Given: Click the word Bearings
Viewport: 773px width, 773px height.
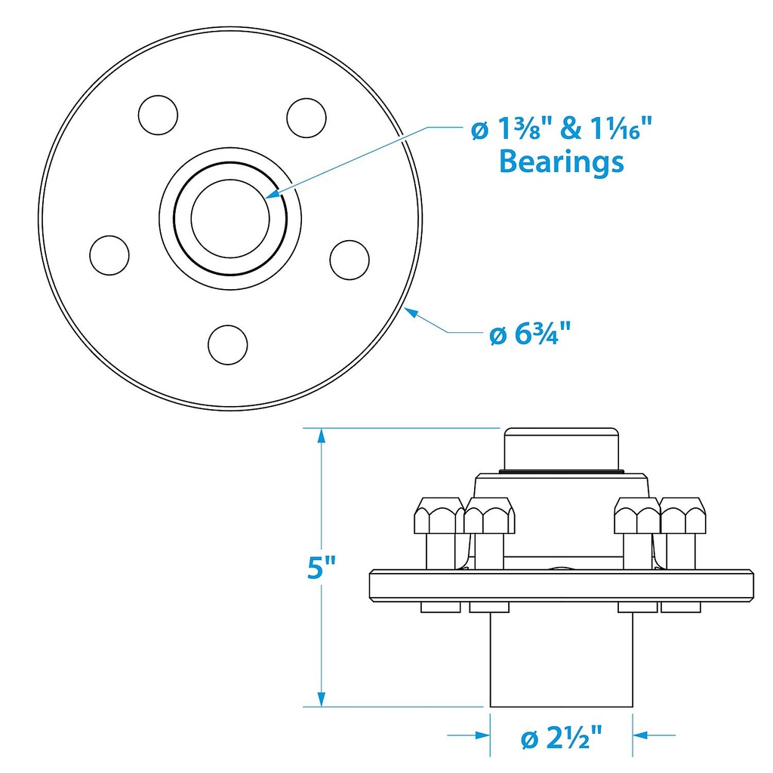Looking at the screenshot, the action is (562, 162).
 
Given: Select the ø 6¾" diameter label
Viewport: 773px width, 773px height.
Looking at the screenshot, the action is (530, 334).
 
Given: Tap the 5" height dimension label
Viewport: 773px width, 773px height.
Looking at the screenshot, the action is (321, 567).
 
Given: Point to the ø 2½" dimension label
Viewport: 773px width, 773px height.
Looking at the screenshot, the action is (562, 738).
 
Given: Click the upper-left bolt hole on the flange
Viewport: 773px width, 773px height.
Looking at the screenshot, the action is (158, 115).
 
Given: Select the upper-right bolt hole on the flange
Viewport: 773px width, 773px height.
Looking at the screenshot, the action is (306, 118).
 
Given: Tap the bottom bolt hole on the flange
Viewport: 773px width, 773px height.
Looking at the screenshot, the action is (228, 344).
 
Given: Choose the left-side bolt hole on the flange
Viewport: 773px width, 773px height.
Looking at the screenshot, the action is (109, 255).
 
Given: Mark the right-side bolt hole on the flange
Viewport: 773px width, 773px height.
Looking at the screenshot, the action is (350, 260).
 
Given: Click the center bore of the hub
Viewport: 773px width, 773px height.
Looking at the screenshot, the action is (230, 218).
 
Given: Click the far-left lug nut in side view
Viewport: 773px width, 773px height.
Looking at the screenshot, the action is (439, 516).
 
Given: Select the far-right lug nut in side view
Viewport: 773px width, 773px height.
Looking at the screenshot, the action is (682, 516).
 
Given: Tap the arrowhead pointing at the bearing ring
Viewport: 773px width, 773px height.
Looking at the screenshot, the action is (273, 193).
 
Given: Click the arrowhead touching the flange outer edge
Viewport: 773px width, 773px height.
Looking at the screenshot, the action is (411, 312).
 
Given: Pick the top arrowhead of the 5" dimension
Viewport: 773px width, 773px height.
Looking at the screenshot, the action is (322, 437).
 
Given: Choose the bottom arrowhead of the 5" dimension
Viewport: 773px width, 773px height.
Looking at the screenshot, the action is (322, 698).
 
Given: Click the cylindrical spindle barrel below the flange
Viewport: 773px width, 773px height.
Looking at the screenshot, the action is (561, 660).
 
